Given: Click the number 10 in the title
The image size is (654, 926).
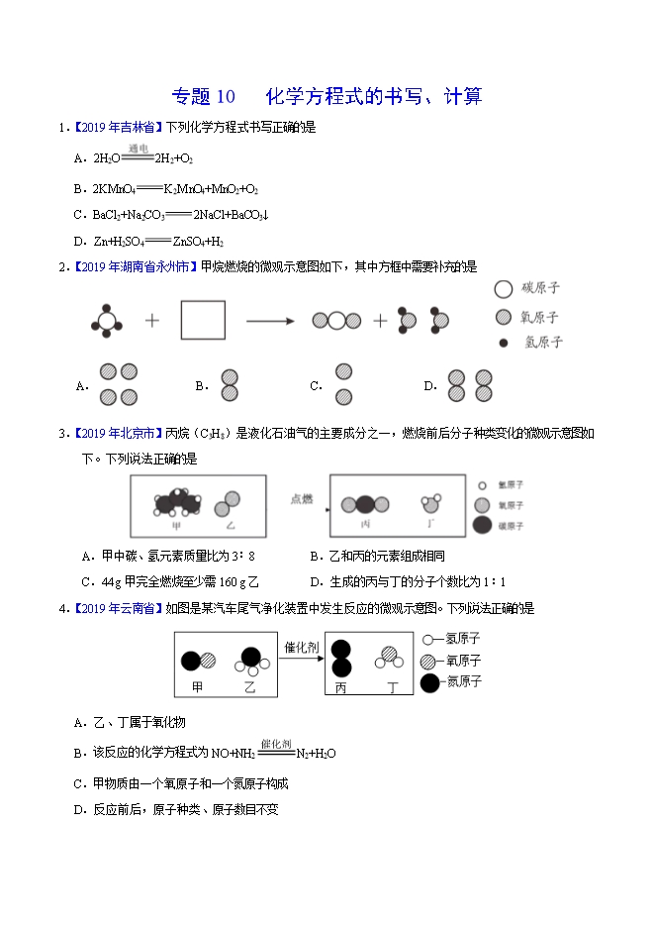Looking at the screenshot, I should [226, 96].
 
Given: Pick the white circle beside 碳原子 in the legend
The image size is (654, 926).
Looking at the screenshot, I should [503, 289].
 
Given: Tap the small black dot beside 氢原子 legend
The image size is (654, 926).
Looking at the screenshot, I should [504, 343].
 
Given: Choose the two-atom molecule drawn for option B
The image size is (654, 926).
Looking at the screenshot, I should [230, 385].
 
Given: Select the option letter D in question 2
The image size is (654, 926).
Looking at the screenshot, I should [429, 386].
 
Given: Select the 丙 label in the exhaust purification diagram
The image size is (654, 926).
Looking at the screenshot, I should [341, 686].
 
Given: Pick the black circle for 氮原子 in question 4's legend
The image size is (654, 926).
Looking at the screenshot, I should [430, 682].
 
